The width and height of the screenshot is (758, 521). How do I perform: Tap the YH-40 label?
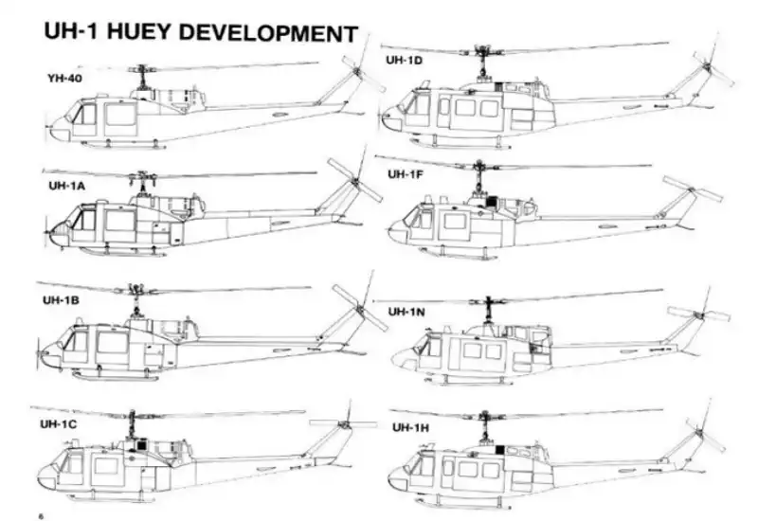click(x=63, y=78)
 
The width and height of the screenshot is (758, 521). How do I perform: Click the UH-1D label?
click(x=405, y=60)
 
